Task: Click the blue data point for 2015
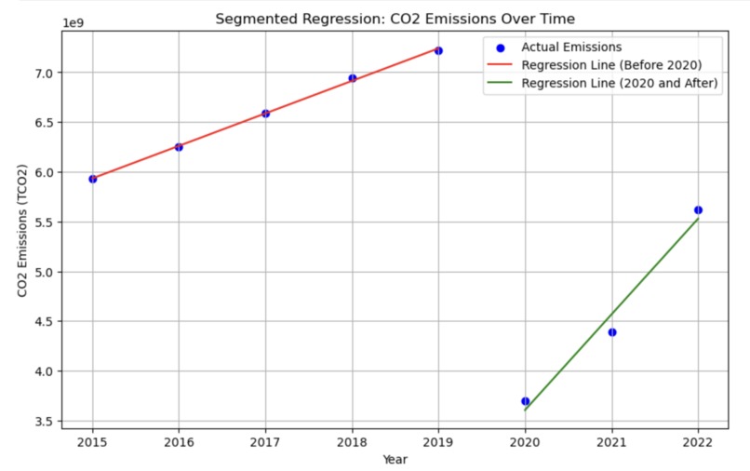(92, 179)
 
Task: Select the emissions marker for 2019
(438, 50)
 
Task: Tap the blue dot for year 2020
(525, 401)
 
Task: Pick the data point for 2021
(611, 332)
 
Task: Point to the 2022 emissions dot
(698, 210)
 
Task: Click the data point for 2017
(265, 114)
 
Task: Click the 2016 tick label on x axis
(179, 443)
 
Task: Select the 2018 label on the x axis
(352, 443)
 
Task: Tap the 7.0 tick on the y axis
(45, 73)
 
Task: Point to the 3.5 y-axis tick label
(45, 422)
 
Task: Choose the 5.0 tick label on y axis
(45, 272)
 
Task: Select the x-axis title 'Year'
(395, 458)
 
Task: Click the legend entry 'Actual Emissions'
(571, 47)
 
